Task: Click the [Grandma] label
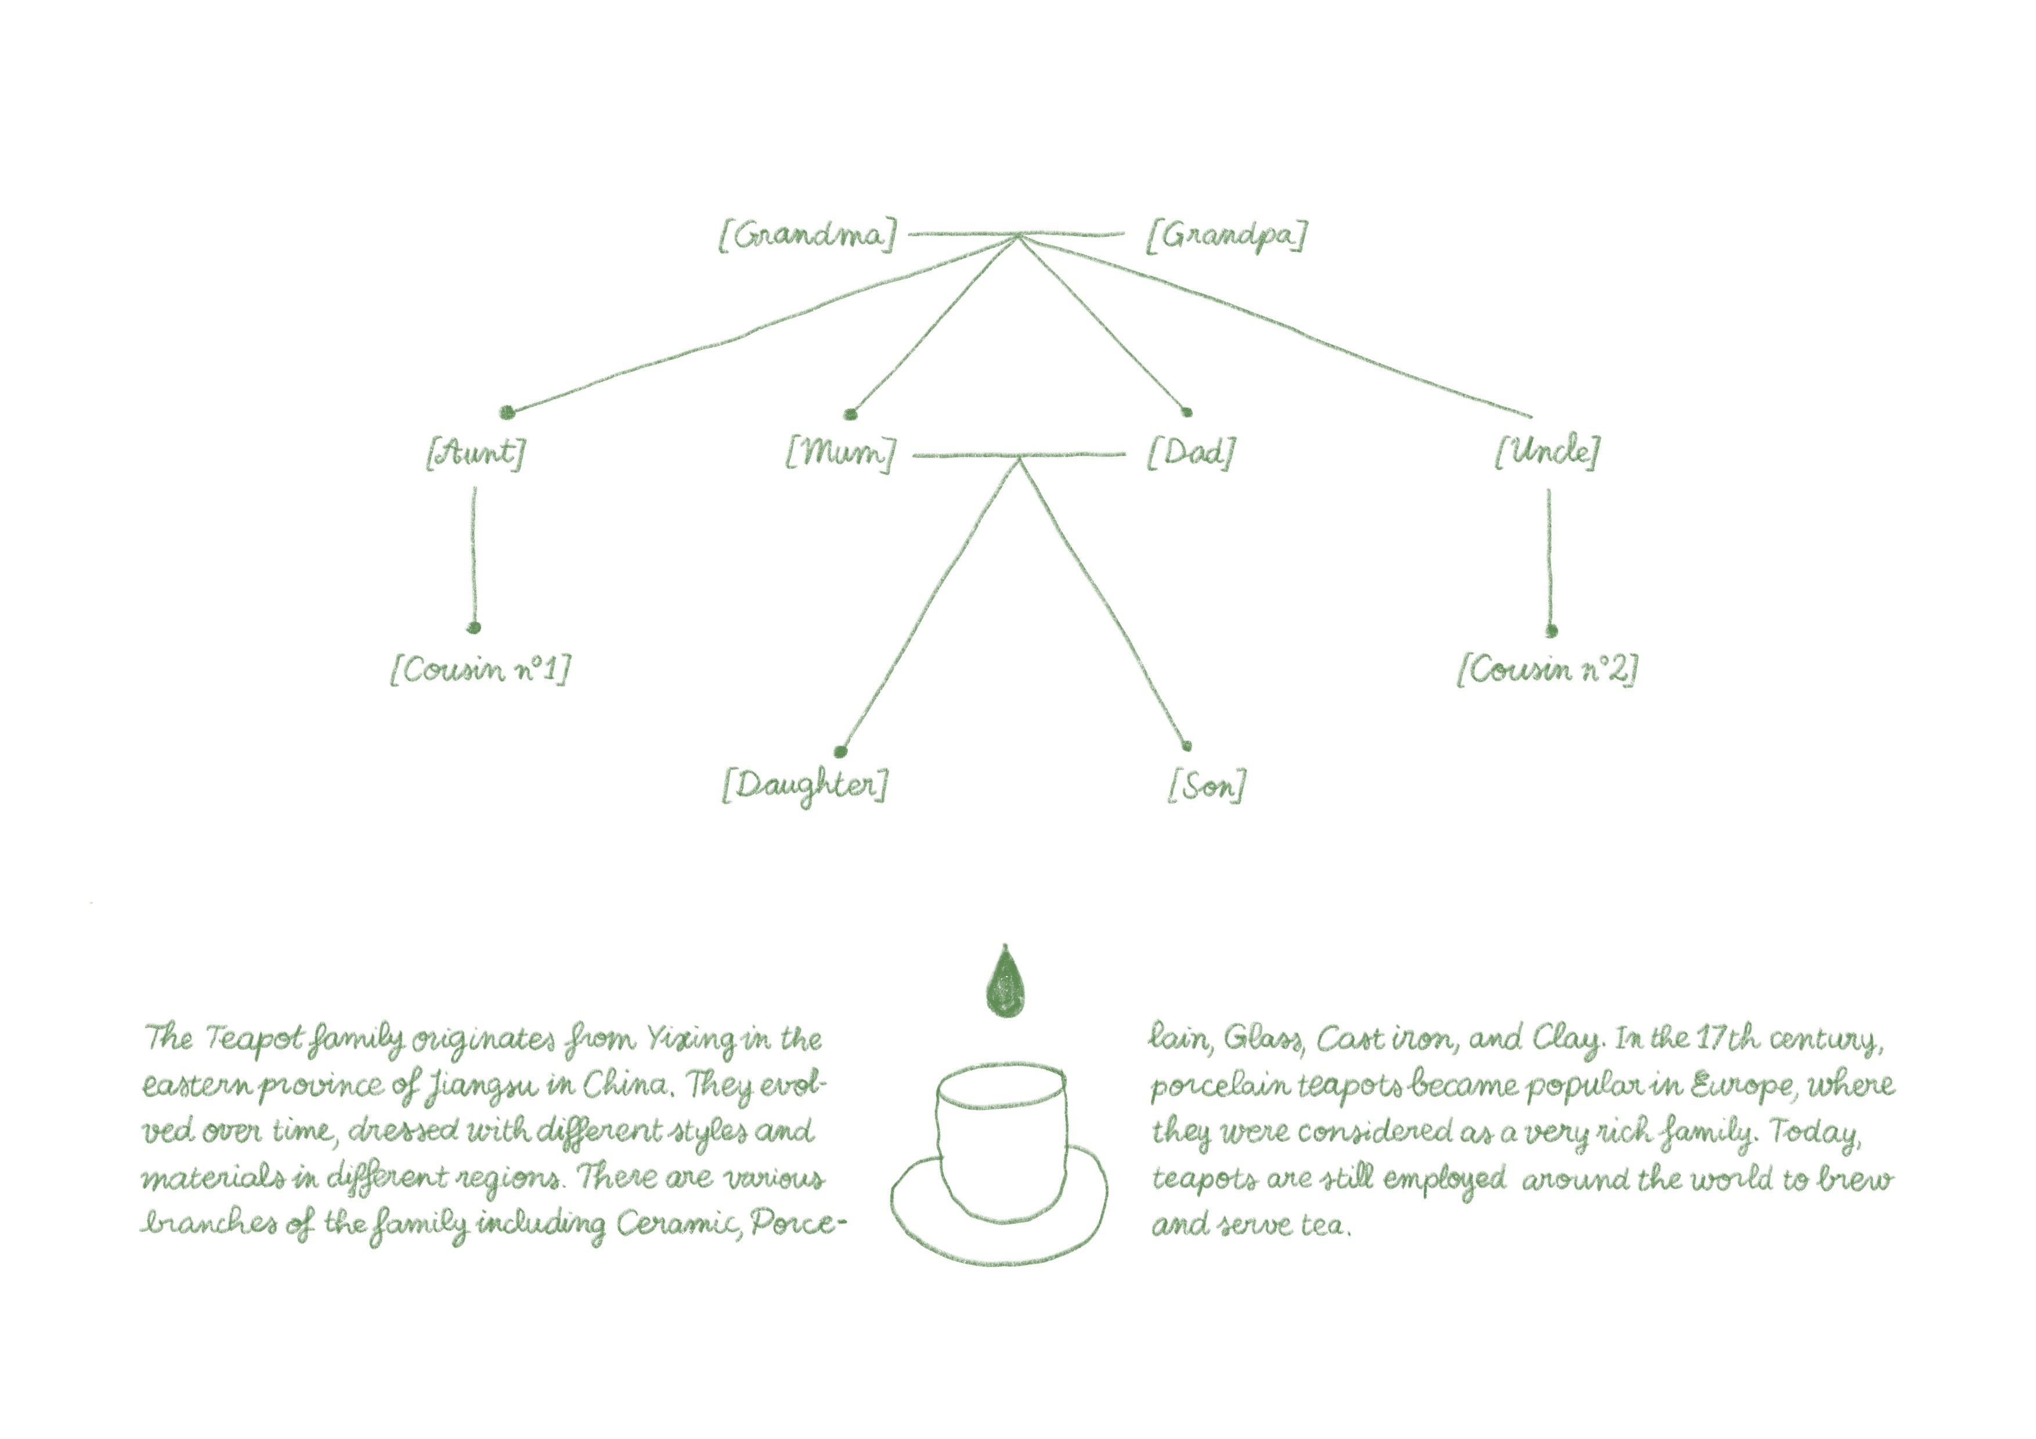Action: [807, 236]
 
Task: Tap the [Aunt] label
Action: [476, 453]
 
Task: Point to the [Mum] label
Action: [840, 453]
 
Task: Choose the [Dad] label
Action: [1190, 453]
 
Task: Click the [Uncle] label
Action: [1547, 452]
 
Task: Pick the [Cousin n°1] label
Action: [480, 670]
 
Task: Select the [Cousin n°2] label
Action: [1547, 670]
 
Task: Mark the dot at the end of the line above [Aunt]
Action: [506, 411]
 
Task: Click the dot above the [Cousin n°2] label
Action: [1551, 631]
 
